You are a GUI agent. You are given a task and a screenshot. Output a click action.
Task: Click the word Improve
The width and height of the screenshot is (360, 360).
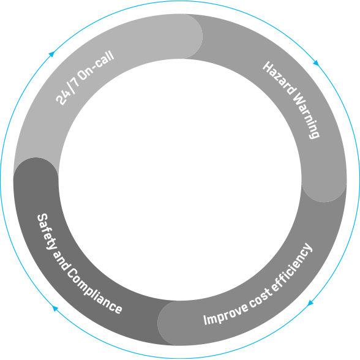click(226, 314)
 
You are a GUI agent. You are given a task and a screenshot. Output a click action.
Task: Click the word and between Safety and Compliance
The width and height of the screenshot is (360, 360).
click(61, 260)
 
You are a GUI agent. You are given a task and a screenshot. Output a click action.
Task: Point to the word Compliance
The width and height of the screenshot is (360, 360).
click(94, 292)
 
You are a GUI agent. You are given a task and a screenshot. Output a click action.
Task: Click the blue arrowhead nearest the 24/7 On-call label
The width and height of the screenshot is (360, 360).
click(51, 54)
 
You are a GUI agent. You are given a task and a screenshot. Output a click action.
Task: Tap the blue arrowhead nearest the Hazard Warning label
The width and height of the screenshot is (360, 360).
click(317, 62)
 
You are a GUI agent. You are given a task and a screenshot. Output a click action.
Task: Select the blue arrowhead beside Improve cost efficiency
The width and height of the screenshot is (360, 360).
click(310, 303)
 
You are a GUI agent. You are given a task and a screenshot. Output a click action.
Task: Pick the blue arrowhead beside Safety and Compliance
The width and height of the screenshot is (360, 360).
click(55, 309)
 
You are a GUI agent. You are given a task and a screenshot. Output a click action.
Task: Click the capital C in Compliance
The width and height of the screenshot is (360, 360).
click(72, 274)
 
